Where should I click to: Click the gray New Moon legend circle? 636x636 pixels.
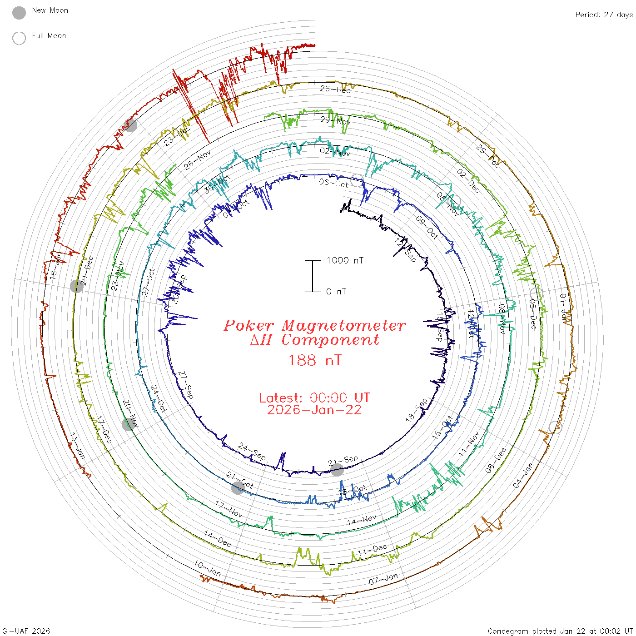pos(19,13)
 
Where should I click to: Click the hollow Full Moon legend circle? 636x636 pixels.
pos(19,38)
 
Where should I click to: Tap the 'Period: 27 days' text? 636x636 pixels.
pos(603,15)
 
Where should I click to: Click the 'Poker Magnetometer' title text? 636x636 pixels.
pos(314,325)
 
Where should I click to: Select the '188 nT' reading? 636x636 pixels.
pos(314,360)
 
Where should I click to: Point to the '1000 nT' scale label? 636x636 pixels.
pos(345,260)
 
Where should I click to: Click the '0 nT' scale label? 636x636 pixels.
pos(336,291)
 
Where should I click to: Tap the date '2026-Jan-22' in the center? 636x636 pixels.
pos(314,410)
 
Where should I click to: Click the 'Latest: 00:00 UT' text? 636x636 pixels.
pos(314,397)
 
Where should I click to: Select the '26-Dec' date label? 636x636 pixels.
pos(335,89)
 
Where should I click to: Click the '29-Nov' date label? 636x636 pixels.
pos(335,120)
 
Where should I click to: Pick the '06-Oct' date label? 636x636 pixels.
pos(333,183)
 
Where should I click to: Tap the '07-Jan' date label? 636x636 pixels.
pos(383,579)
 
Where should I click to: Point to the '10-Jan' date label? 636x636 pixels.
pos(207,568)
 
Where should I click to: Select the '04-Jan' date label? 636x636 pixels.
pos(523,476)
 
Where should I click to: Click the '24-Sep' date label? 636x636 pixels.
pos(252,451)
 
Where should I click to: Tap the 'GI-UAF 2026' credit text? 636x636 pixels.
pos(26,631)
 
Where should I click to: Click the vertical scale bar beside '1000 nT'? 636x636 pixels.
pos(313,276)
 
